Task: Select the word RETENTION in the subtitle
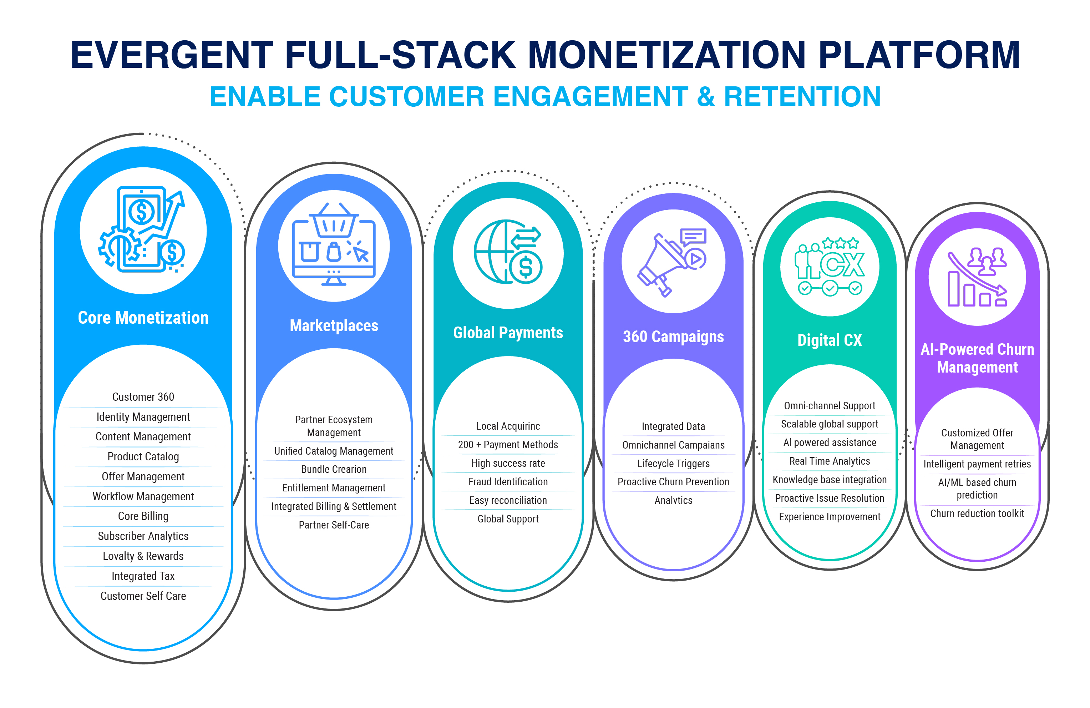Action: (802, 97)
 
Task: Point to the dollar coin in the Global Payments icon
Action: (525, 267)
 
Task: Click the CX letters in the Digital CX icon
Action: (842, 265)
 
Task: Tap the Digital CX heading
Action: (830, 340)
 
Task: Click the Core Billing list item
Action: (143, 516)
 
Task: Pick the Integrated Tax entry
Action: (143, 576)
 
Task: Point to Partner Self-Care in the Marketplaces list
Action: (334, 525)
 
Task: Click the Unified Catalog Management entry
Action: (334, 451)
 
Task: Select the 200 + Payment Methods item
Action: (508, 445)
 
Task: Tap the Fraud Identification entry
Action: (508, 482)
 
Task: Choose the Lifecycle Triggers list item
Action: (673, 464)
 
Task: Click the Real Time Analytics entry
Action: (830, 461)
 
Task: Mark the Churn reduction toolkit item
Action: (977, 514)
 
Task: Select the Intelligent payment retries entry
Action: (977, 464)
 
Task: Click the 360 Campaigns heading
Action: (673, 337)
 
